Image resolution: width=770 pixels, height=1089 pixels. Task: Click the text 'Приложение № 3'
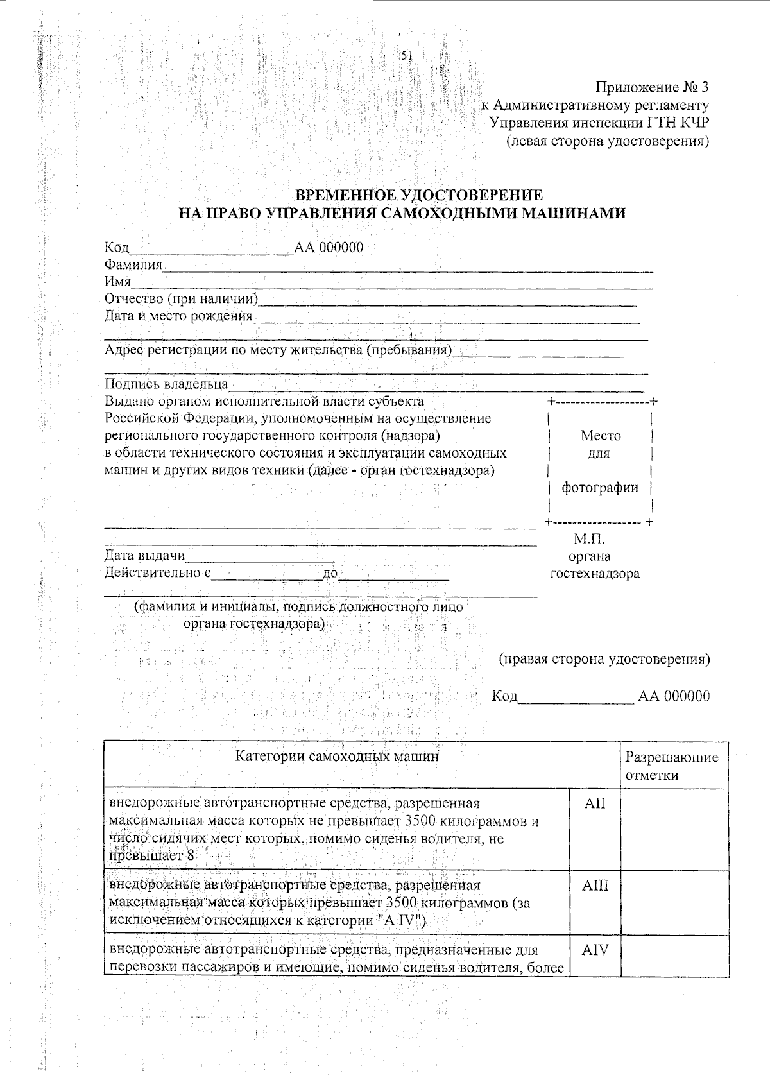(x=653, y=87)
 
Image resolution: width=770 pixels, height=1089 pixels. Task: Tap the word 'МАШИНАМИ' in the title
(x=573, y=213)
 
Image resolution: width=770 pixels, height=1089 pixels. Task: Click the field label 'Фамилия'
(x=133, y=264)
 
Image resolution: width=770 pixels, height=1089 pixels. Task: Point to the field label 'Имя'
(x=117, y=282)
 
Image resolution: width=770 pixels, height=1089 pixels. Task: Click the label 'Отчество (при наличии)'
(x=181, y=299)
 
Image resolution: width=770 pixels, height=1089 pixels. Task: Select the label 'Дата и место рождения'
(x=178, y=316)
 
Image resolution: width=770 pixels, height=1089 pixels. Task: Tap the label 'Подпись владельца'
(x=166, y=384)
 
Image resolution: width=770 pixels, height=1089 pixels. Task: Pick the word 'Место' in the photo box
(x=601, y=436)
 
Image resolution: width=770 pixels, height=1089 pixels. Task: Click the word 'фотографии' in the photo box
(x=600, y=488)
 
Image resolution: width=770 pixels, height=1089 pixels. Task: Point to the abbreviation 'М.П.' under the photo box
(x=589, y=539)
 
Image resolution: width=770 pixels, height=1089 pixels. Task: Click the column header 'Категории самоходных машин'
(x=337, y=757)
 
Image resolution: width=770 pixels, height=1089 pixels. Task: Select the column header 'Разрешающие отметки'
(x=671, y=766)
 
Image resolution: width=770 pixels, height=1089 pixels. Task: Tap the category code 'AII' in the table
(x=595, y=803)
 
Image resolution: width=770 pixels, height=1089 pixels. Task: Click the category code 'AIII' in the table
(x=595, y=886)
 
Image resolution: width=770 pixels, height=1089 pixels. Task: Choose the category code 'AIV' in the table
(x=595, y=950)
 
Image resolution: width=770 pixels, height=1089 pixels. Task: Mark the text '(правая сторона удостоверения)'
(x=604, y=659)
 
